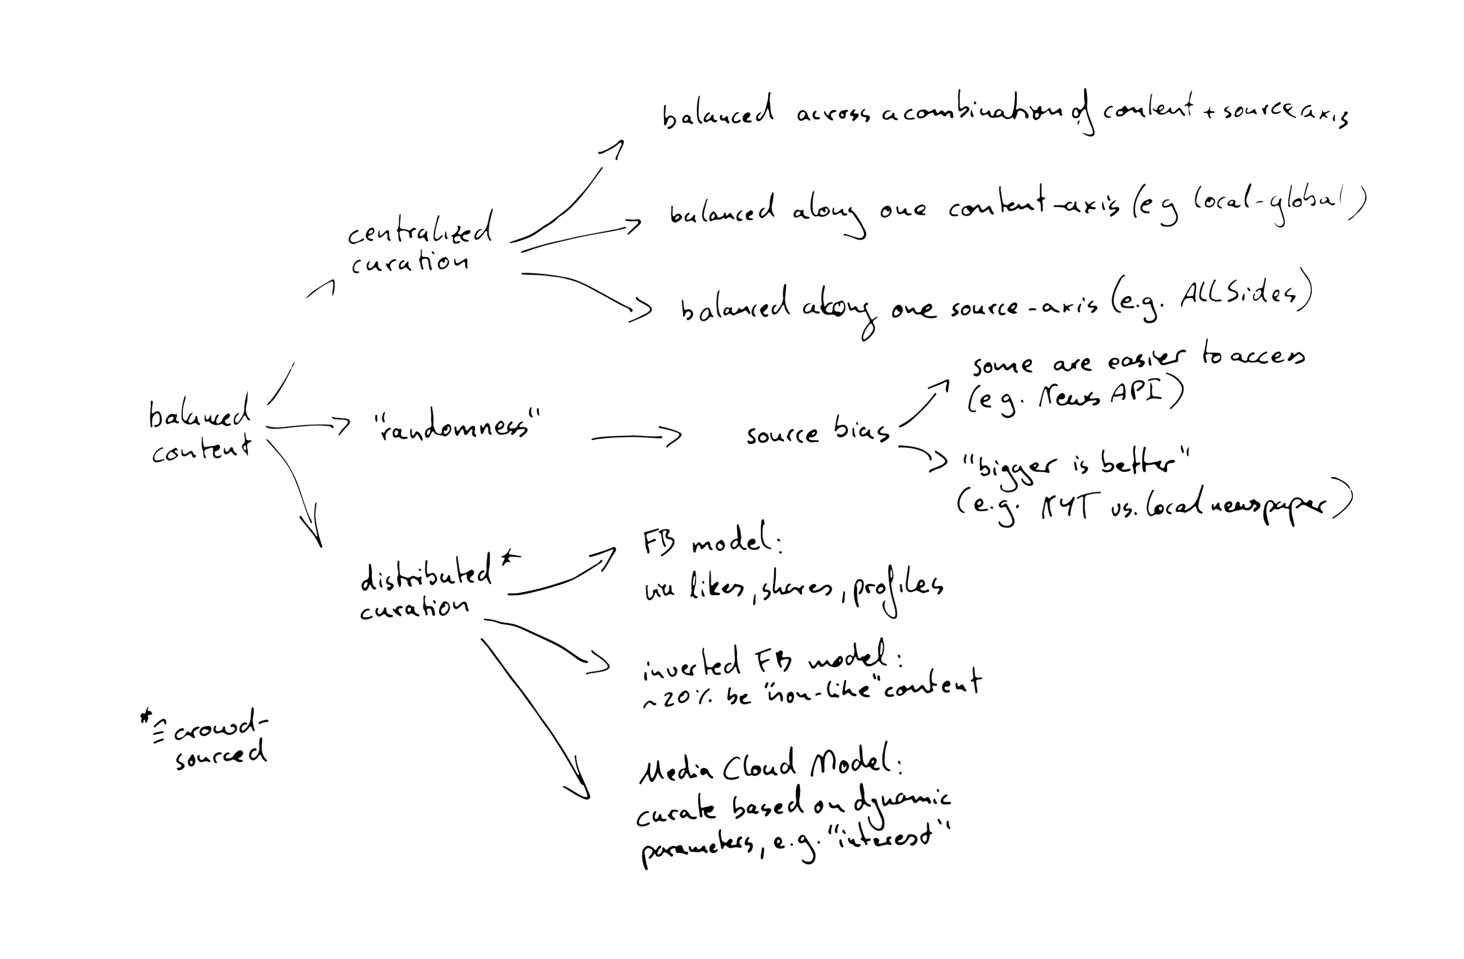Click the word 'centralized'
pyautogui.click(x=420, y=231)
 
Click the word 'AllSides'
pyautogui.click(x=1236, y=294)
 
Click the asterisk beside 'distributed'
pyautogui.click(x=510, y=559)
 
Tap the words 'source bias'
pyautogui.click(x=818, y=433)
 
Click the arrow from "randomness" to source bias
pyautogui.click(x=637, y=437)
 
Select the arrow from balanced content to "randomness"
pyautogui.click(x=307, y=426)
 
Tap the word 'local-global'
pyautogui.click(x=1267, y=203)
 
